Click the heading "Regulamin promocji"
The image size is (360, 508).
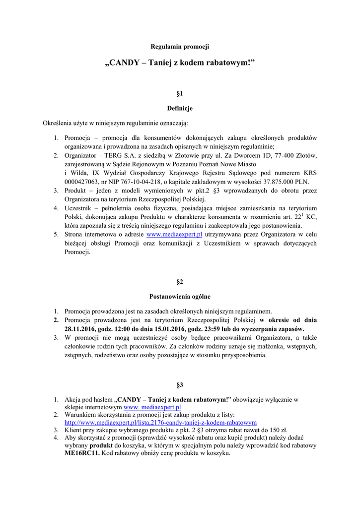(x=180, y=47)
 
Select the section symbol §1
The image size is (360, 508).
(x=180, y=93)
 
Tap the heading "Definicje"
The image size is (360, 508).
(x=180, y=108)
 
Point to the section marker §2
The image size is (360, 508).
(x=180, y=282)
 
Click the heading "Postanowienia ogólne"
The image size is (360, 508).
(x=180, y=297)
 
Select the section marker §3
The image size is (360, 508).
(x=180, y=385)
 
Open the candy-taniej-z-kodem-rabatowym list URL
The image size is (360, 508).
(x=160, y=423)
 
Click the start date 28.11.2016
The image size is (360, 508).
(x=82, y=329)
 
